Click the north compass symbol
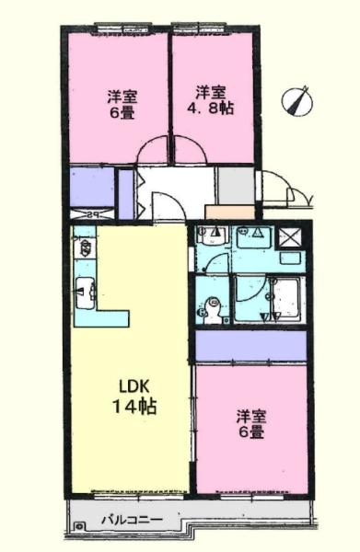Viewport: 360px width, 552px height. (x=297, y=100)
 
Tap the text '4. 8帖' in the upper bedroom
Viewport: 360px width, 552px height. (x=210, y=108)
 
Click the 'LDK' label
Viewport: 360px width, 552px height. (x=135, y=387)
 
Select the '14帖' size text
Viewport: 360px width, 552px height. (x=134, y=407)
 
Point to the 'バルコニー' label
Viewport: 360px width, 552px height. (x=132, y=520)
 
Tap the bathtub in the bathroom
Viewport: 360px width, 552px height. (x=285, y=298)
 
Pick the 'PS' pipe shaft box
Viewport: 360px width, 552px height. (x=92, y=214)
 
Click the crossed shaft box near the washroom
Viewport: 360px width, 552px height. (x=290, y=238)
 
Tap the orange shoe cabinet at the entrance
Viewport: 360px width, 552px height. (x=229, y=212)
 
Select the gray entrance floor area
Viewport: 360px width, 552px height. (x=236, y=186)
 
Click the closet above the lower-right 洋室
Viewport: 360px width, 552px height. (x=250, y=346)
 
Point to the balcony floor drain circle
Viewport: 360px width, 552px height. (x=79, y=526)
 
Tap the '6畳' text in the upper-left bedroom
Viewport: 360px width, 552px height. (x=122, y=113)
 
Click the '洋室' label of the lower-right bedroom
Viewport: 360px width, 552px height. (x=250, y=417)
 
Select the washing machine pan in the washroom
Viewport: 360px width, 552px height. (x=253, y=237)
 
